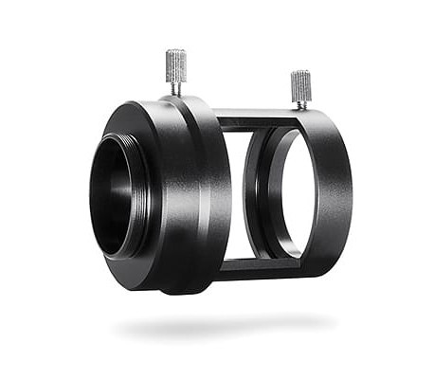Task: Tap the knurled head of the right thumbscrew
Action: tap(300, 85)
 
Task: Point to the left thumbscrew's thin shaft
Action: tap(176, 87)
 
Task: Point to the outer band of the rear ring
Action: tap(335, 189)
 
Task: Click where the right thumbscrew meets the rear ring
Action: tap(301, 110)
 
